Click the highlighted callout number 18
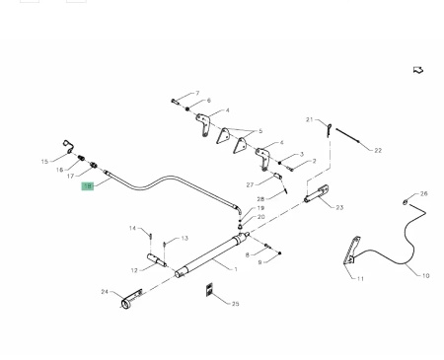88,186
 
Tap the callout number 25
236,304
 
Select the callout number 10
425,276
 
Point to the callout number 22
378,151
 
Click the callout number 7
197,94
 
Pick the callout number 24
105,292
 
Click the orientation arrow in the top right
418,70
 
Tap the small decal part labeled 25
209,289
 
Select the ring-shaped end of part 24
125,304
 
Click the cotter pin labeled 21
330,129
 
